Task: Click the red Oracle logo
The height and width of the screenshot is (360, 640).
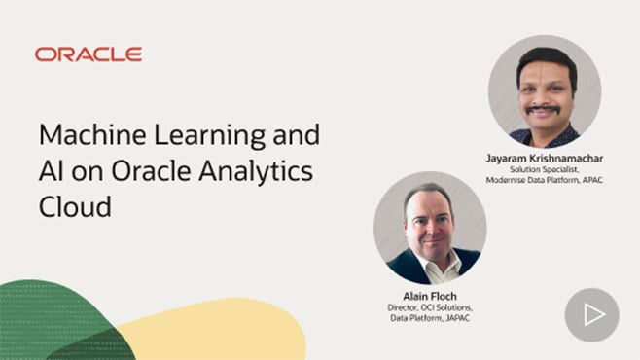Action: [x=89, y=54]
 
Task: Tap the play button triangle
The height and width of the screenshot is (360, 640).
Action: [x=592, y=314]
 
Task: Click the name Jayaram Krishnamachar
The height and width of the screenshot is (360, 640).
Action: [x=544, y=157]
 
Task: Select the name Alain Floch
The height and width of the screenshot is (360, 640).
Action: [x=429, y=296]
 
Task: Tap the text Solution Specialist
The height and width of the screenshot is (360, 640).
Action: [x=544, y=169]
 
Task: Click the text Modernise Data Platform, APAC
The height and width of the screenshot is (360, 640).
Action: [x=544, y=180]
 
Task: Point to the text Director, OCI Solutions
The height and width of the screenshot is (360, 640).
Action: [x=429, y=307]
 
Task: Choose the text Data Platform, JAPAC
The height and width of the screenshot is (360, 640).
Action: [x=429, y=318]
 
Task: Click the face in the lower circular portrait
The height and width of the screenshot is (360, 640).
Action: [x=429, y=222]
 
